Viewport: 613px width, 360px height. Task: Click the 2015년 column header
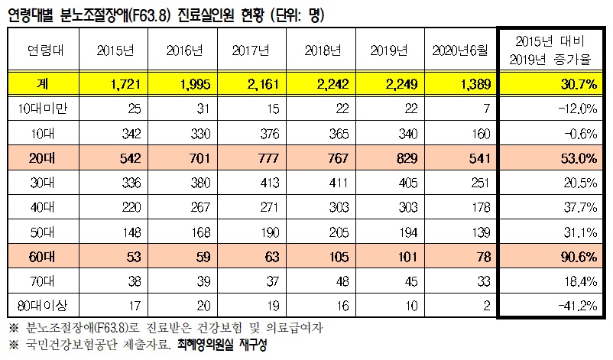(114, 50)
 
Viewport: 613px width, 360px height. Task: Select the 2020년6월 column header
(459, 50)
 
